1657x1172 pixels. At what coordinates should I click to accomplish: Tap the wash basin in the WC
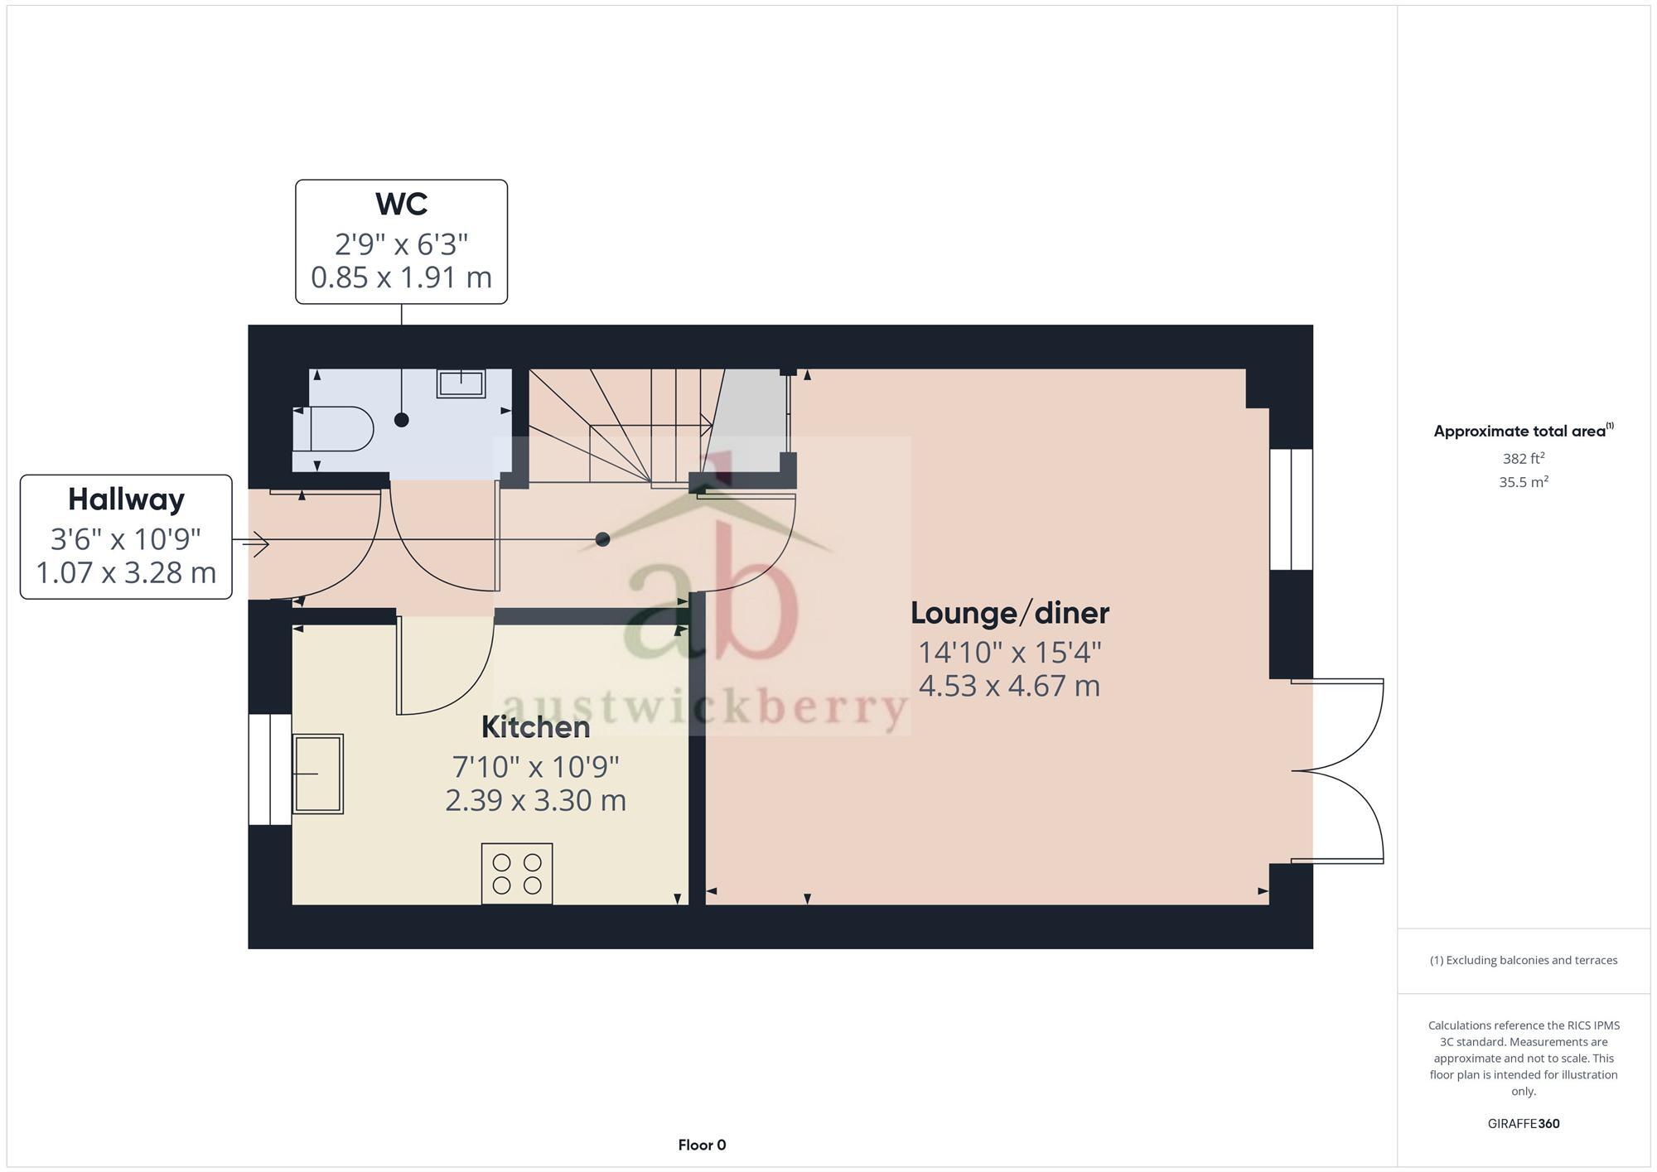coord(461,383)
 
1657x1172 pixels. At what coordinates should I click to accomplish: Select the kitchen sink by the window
coord(318,774)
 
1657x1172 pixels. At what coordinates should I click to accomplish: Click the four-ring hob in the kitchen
coord(517,874)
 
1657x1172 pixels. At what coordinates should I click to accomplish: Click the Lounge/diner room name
coord(1009,614)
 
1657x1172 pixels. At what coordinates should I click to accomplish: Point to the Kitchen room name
coord(535,727)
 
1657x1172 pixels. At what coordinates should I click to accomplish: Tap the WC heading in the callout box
coord(401,204)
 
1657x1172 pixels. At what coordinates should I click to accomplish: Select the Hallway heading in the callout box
coord(126,499)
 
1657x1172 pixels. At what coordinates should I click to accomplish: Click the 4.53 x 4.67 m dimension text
coord(1009,687)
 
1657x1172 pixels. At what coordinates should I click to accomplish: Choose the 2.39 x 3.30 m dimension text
coord(535,801)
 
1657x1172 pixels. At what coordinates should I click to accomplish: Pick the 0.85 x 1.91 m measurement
coord(401,277)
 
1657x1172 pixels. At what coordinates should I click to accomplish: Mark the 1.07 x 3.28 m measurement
coord(126,573)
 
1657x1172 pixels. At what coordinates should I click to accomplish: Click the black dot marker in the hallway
coord(603,539)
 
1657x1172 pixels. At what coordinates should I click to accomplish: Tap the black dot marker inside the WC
coord(402,420)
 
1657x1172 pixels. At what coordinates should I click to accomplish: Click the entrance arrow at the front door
coord(255,544)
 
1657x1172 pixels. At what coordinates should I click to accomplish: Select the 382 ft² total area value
coord(1523,458)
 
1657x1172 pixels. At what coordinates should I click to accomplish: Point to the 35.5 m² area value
coord(1523,482)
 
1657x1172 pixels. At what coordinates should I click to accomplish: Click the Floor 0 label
coord(702,1145)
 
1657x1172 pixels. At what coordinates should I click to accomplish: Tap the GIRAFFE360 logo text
coord(1523,1124)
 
